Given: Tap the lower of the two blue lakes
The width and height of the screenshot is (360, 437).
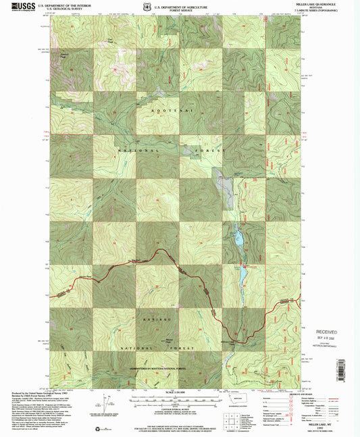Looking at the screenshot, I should (242, 276).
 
